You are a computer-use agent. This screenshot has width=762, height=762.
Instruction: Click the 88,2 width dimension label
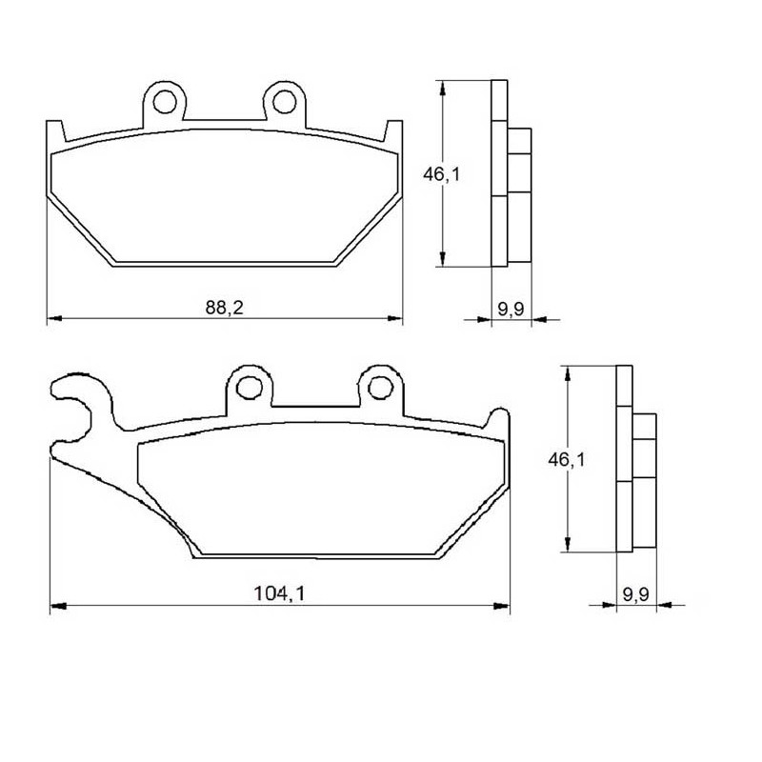coord(224,308)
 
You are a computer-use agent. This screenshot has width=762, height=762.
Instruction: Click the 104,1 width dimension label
coord(279,593)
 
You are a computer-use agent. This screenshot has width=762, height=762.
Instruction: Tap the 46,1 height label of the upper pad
coord(441,174)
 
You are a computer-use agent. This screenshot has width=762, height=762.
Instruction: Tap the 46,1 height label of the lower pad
coord(567,459)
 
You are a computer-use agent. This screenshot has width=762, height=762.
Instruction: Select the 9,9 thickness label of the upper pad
coord(511,309)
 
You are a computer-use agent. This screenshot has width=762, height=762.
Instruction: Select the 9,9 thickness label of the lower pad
coord(636,593)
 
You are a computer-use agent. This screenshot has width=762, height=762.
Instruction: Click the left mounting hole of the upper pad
coord(164,102)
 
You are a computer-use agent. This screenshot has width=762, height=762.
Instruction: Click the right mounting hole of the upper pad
coord(284,102)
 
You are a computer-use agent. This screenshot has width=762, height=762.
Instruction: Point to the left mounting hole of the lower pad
coord(250,388)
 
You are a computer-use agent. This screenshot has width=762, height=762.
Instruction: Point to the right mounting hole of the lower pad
coord(380,388)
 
